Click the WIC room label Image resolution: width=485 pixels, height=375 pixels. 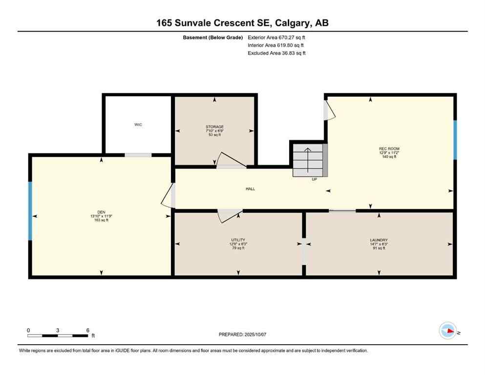click(138, 125)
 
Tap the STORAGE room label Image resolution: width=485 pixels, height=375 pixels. click(214, 127)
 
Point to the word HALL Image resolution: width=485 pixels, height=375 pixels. click(250, 189)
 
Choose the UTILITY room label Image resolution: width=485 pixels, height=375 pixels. click(238, 240)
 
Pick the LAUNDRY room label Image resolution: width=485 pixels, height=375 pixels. click(379, 240)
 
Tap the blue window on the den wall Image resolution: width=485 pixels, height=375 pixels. click(30, 210)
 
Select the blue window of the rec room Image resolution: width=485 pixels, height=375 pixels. click(455, 140)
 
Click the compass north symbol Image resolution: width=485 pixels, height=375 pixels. click(447, 331)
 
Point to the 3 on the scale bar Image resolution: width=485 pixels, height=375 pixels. click(58, 330)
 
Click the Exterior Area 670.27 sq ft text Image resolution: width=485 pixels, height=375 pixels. click(276, 37)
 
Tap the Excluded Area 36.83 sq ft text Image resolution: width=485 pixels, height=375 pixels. click(276, 53)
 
